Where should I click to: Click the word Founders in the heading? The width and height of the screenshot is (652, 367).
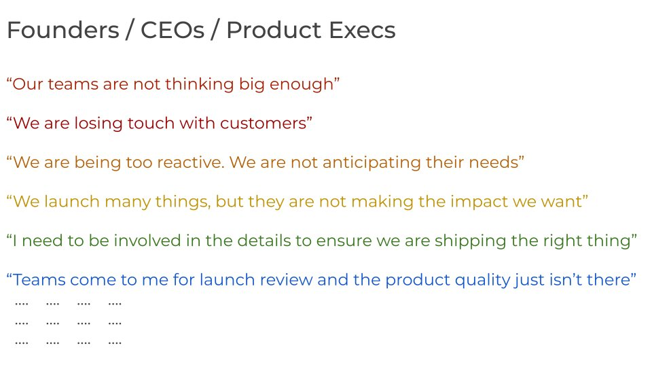(x=63, y=31)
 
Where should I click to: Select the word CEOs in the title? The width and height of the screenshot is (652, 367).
(x=173, y=31)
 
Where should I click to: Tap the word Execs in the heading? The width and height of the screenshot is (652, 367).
(x=362, y=31)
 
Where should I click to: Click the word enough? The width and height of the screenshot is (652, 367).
(x=302, y=84)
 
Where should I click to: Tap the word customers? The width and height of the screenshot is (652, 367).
(x=264, y=124)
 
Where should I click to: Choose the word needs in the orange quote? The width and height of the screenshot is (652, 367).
(x=494, y=162)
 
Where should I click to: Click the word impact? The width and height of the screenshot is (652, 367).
(x=479, y=202)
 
